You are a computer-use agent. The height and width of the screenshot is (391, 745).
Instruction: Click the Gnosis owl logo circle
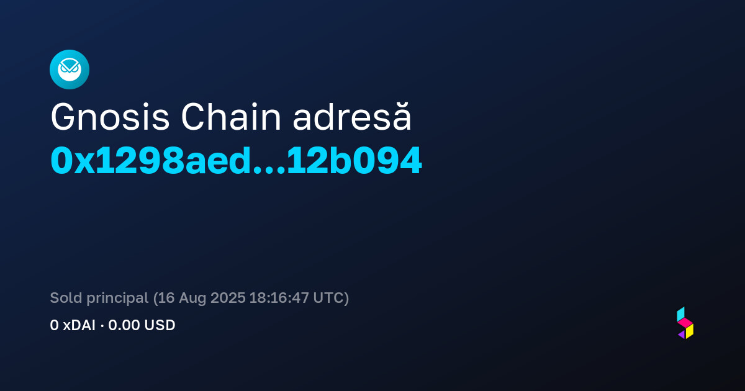click(x=70, y=70)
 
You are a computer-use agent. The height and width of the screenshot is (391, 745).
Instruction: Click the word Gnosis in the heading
click(x=110, y=117)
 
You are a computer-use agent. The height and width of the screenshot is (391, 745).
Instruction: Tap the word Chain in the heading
click(x=231, y=117)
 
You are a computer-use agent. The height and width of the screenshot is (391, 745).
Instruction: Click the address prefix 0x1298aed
click(x=150, y=161)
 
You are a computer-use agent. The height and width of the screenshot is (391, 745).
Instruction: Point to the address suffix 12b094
click(x=354, y=161)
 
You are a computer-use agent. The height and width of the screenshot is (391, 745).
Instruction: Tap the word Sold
click(x=66, y=297)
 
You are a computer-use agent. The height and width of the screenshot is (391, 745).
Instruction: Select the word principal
click(x=117, y=299)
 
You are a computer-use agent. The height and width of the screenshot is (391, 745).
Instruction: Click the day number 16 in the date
click(x=166, y=297)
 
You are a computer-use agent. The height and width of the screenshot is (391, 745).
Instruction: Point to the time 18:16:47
click(x=279, y=297)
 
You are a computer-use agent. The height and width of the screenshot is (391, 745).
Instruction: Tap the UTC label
click(x=328, y=297)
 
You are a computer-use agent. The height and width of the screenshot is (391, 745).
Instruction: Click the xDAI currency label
click(x=79, y=325)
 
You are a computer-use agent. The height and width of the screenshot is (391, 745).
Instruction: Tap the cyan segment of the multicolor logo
click(x=680, y=314)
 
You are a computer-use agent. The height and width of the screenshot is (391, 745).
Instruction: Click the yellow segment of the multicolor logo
click(x=690, y=331)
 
